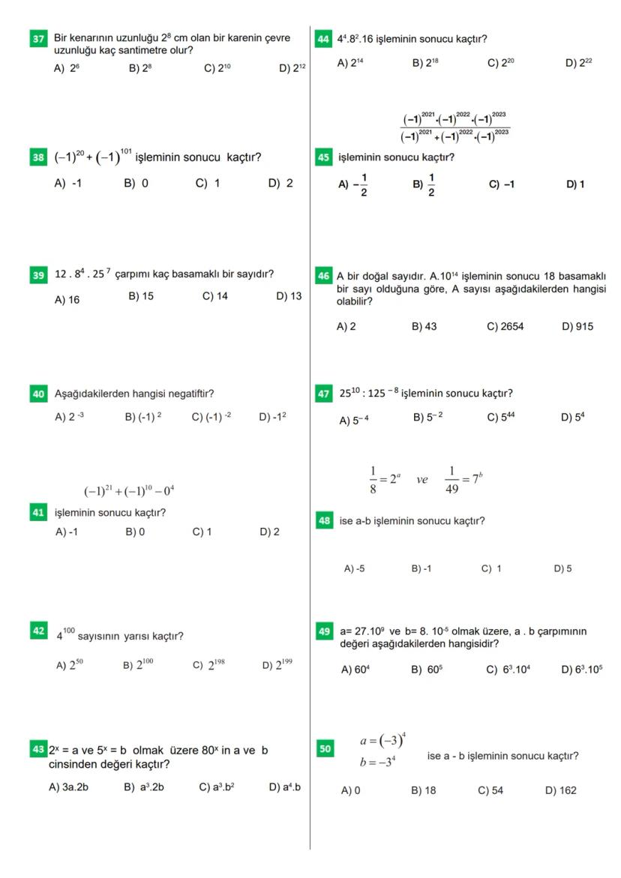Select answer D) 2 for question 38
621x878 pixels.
(x=280, y=184)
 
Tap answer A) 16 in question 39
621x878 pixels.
(x=67, y=299)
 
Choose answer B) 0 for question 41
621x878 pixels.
(x=136, y=532)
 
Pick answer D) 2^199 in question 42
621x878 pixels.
(x=277, y=664)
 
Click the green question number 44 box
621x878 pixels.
(x=324, y=39)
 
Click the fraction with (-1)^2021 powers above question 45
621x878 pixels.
(x=454, y=124)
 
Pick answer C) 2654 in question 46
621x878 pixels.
(x=505, y=327)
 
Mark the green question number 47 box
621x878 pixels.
(x=324, y=393)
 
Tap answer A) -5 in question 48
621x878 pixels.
(x=354, y=568)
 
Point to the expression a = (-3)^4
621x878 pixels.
(x=382, y=742)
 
